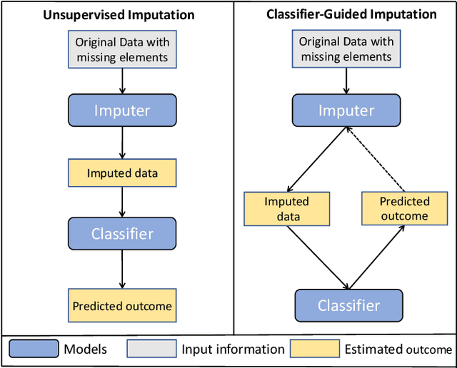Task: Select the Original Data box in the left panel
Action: tap(121, 50)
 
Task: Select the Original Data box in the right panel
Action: tap(346, 49)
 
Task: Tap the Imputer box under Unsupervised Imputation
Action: tap(122, 111)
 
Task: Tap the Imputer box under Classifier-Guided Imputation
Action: tap(346, 111)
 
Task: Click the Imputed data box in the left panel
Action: tap(122, 173)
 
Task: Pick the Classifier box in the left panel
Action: tap(122, 234)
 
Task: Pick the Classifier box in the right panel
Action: tap(348, 305)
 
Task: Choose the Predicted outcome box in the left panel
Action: tap(122, 306)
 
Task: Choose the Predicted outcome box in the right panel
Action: tap(403, 209)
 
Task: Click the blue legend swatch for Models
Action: tap(34, 349)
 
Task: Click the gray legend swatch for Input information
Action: tap(151, 349)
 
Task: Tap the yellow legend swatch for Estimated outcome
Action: tap(315, 349)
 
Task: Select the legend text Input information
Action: tap(233, 349)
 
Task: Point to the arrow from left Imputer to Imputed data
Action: tap(122, 143)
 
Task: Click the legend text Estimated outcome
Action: tap(398, 349)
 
